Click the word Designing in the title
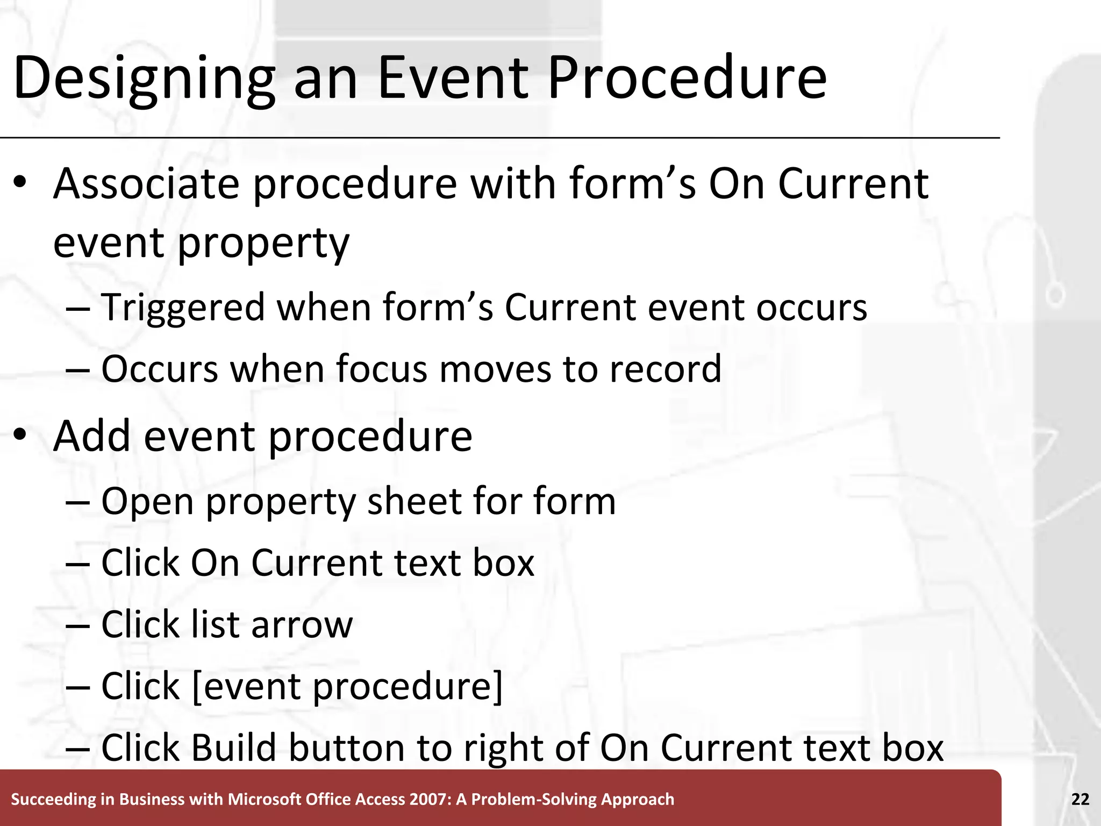[x=144, y=78]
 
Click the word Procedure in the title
[x=687, y=78]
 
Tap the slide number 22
[x=1080, y=799]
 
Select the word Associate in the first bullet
[x=146, y=184]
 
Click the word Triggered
[x=183, y=308]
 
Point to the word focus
[x=381, y=369]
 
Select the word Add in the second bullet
[x=91, y=436]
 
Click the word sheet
[x=413, y=501]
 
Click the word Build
[x=233, y=748]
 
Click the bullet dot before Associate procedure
[x=20, y=182]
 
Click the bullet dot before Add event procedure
[x=20, y=434]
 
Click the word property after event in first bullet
[x=263, y=244]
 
